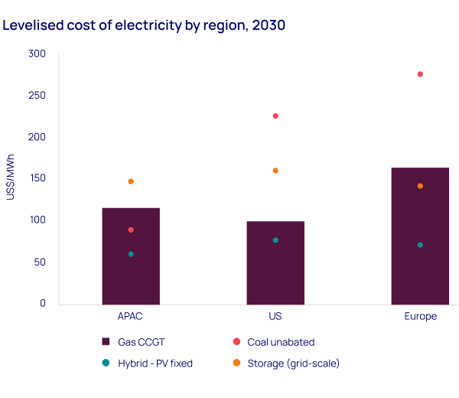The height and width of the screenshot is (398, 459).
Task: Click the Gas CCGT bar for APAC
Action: (x=131, y=256)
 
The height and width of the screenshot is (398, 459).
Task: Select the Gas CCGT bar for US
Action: (x=275, y=263)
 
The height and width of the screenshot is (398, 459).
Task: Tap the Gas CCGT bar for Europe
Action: (x=420, y=237)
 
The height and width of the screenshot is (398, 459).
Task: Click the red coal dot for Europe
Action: (x=420, y=74)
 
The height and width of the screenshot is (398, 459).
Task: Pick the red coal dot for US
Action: (x=275, y=116)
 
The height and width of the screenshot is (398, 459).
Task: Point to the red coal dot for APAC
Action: (x=131, y=230)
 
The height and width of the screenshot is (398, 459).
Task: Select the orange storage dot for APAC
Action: (x=131, y=181)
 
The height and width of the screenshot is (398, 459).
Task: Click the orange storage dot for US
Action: (x=275, y=171)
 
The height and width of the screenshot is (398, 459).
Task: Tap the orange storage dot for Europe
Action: (x=420, y=186)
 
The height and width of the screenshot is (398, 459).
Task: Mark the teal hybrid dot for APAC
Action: (x=131, y=254)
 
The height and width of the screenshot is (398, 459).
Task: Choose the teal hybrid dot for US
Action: (x=275, y=240)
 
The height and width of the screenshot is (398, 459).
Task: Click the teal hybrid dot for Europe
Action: (x=420, y=245)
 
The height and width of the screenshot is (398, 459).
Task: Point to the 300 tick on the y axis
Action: (x=37, y=54)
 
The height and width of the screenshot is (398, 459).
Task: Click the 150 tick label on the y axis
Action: (x=37, y=178)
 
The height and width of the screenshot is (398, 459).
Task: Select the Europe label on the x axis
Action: (x=420, y=317)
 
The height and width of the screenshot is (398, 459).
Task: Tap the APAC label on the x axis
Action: (x=130, y=316)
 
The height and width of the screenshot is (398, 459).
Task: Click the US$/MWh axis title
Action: (x=10, y=177)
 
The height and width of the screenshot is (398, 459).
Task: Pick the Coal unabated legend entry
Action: (x=274, y=342)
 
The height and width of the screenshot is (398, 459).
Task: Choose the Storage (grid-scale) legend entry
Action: (x=286, y=364)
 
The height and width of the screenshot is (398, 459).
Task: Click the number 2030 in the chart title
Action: (x=269, y=25)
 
